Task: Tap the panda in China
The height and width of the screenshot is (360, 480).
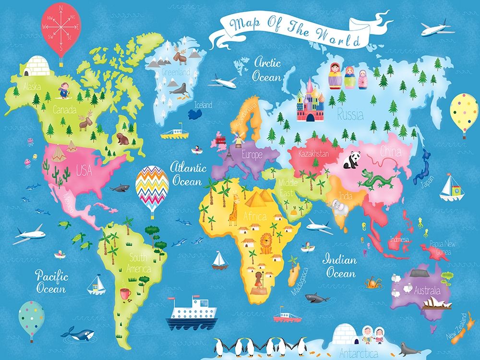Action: (351, 160)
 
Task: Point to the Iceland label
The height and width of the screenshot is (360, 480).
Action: (203, 105)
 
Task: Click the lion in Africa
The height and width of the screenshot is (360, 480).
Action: (266, 243)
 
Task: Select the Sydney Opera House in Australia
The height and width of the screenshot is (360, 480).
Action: (440, 302)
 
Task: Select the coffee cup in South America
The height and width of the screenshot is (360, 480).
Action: (126, 293)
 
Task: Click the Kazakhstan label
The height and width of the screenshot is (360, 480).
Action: (313, 154)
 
